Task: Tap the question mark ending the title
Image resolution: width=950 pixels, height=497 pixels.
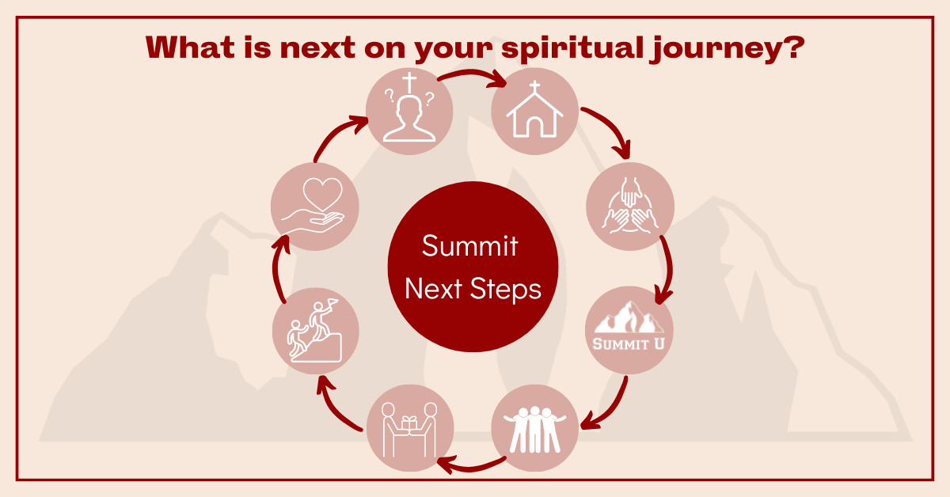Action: (x=793, y=47)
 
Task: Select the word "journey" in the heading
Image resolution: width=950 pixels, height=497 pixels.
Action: (x=715, y=50)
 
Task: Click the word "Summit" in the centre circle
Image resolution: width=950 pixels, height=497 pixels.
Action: (x=470, y=245)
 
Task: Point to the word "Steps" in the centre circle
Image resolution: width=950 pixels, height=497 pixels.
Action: (x=506, y=289)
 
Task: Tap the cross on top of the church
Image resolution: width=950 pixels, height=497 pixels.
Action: (x=535, y=86)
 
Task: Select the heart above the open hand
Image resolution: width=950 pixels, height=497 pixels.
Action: (x=322, y=194)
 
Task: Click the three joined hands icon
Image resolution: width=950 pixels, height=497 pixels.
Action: (x=630, y=206)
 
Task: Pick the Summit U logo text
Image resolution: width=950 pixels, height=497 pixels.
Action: (x=629, y=344)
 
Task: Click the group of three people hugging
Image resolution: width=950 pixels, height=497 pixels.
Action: (x=534, y=430)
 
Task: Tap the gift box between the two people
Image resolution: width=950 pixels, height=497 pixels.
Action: (x=409, y=423)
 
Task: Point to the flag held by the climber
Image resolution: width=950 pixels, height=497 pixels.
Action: (x=332, y=302)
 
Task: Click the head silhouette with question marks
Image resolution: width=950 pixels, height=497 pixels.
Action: (x=409, y=118)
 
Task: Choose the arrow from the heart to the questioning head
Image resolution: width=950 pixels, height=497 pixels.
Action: (x=337, y=135)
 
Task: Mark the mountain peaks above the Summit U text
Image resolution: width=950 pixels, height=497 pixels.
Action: (x=629, y=318)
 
